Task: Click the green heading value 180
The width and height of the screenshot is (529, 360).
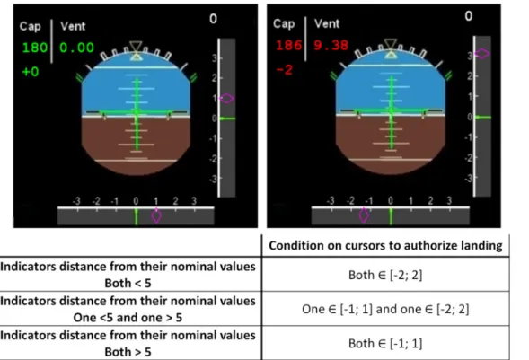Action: pyautogui.click(x=35, y=48)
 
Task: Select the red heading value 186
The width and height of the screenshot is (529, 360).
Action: pyautogui.click(x=288, y=45)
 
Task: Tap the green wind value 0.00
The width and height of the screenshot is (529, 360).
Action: pyautogui.click(x=76, y=48)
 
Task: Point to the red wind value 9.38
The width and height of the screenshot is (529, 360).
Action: pyautogui.click(x=331, y=45)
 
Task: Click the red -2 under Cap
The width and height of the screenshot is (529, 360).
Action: pyautogui.click(x=285, y=70)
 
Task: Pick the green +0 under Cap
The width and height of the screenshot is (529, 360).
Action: pyautogui.click(x=31, y=72)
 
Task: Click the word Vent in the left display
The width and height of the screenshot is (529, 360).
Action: pyautogui.click(x=73, y=26)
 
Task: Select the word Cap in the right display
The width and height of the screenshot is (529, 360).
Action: pyautogui.click(x=284, y=24)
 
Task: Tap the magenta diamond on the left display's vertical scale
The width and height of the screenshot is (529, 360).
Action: pyautogui.click(x=226, y=99)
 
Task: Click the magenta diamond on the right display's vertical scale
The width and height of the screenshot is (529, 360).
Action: pyautogui.click(x=482, y=53)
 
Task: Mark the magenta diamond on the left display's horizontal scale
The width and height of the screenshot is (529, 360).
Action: pyautogui.click(x=156, y=215)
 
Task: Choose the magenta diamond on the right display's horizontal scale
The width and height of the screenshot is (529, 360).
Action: pyautogui.click(x=364, y=215)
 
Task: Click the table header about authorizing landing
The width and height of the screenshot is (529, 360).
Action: pyautogui.click(x=385, y=245)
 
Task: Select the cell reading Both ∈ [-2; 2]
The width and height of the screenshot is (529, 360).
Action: pyautogui.click(x=385, y=275)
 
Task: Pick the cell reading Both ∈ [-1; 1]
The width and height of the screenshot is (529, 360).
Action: pyautogui.click(x=385, y=344)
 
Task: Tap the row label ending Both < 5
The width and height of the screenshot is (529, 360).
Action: pyautogui.click(x=128, y=275)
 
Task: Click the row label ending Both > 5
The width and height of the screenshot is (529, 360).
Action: pyautogui.click(x=128, y=344)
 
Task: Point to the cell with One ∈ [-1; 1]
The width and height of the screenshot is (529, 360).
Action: pyautogui.click(x=385, y=309)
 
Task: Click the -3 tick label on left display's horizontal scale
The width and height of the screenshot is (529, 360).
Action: pyautogui.click(x=76, y=201)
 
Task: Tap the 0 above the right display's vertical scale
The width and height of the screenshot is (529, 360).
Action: pyautogui.click(x=469, y=16)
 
